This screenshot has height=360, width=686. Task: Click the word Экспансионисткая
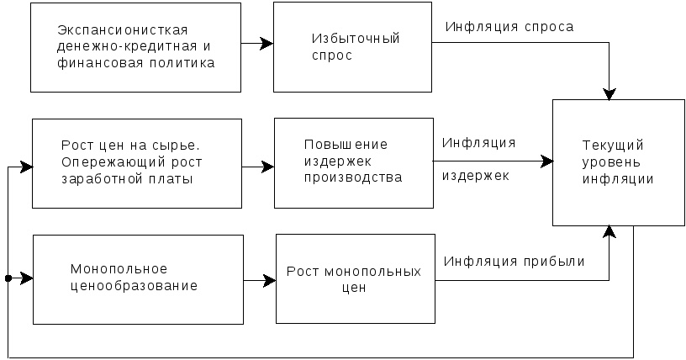coord(123,30)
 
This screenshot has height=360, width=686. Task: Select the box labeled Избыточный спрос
coord(352,47)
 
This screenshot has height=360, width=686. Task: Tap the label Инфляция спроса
coord(509,27)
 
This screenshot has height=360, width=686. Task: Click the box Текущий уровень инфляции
coord(619,163)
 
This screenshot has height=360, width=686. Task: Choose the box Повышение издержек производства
coord(354,163)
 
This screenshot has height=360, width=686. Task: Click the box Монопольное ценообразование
coord(138,279)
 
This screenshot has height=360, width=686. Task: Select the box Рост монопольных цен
coord(356,279)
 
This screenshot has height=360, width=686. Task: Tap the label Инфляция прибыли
coord(514,262)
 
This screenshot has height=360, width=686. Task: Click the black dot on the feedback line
coord(8,278)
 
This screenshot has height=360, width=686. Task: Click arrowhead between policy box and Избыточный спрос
coord(266,44)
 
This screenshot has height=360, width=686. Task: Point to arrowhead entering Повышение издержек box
coord(267,167)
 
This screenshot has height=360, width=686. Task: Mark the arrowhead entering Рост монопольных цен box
coord(269,280)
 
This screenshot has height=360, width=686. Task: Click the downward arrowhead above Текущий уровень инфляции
coord(609,93)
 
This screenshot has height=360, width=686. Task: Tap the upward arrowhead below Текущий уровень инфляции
coord(609,232)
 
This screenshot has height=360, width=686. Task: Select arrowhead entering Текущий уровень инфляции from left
coord(546,161)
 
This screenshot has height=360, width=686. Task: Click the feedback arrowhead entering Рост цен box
coord(26,167)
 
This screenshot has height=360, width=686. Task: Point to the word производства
coord(353,177)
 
